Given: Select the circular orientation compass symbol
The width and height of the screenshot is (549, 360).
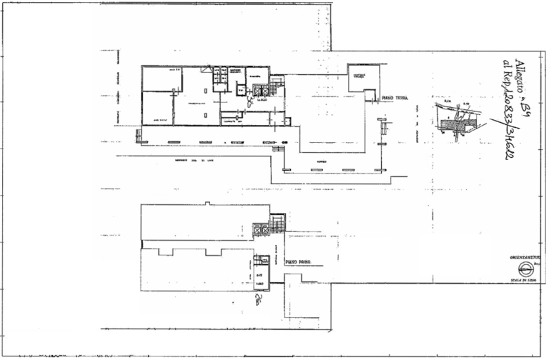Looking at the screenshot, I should [525, 269].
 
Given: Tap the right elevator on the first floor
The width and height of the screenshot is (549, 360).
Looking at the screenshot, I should [264, 229].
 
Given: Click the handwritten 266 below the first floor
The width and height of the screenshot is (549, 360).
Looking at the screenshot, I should [256, 299].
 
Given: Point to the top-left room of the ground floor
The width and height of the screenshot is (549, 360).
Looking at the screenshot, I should [161, 79].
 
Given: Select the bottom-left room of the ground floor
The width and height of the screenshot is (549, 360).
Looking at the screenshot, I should [159, 109].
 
